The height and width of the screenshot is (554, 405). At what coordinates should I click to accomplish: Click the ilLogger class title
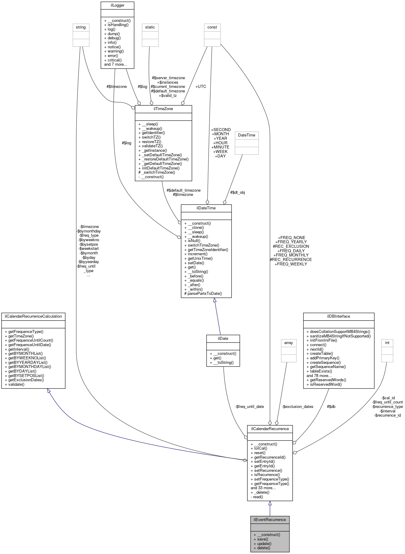tap(117, 5)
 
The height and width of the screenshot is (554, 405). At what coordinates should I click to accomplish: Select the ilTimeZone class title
tap(163, 109)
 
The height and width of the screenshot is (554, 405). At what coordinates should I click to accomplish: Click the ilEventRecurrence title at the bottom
tap(270, 520)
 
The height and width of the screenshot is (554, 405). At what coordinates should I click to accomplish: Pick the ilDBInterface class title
tap(338, 316)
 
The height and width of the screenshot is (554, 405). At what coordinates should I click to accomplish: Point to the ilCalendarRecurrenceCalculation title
tap(33, 316)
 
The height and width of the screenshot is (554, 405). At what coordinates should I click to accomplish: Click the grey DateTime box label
tap(246, 135)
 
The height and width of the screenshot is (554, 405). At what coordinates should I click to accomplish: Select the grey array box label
tap(289, 343)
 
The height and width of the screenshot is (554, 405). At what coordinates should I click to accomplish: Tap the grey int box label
tap(387, 343)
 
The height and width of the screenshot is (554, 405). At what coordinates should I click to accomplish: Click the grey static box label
tap(150, 27)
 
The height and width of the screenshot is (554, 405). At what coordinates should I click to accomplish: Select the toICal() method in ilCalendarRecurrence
tap(260, 448)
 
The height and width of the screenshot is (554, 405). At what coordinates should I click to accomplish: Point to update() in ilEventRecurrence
tap(264, 544)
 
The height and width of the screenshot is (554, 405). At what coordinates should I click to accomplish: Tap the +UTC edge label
tap(201, 86)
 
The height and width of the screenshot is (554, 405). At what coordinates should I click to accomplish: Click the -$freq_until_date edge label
tap(249, 407)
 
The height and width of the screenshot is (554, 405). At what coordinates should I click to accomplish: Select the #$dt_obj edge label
tap(237, 193)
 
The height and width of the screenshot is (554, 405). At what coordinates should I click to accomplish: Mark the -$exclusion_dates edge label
tap(298, 407)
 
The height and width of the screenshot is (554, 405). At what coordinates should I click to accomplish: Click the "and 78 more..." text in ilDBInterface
tap(319, 376)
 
